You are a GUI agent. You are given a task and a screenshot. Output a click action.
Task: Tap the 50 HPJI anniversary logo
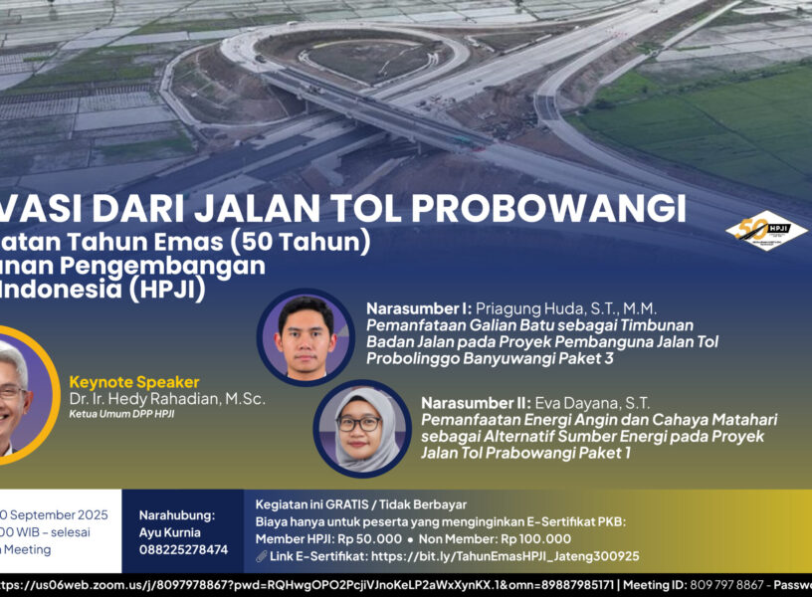(x=765, y=230)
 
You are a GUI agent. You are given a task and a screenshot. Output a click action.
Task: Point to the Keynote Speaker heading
(x=134, y=382)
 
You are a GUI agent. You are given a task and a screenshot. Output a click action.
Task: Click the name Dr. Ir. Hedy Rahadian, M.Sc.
(x=167, y=399)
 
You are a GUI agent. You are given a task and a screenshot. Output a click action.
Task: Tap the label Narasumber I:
(x=418, y=308)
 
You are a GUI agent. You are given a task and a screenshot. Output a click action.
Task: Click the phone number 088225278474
(x=183, y=549)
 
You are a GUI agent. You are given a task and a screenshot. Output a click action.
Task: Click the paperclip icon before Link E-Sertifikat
(x=261, y=556)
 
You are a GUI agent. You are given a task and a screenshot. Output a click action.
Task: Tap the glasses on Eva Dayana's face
(x=359, y=423)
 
